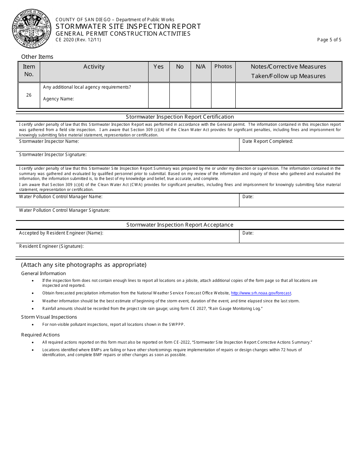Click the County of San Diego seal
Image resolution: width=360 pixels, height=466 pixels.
click(31, 29)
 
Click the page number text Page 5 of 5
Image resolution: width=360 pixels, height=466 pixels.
click(329, 40)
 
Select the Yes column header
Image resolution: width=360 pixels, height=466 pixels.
click(158, 67)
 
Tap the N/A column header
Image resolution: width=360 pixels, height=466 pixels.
click(200, 67)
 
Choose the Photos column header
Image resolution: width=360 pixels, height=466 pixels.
click(223, 67)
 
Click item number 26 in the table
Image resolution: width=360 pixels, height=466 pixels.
click(29, 95)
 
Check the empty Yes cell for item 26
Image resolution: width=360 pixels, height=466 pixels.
click(158, 95)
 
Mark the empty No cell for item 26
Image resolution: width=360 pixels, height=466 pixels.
click(180, 95)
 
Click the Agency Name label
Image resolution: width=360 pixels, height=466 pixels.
click(58, 99)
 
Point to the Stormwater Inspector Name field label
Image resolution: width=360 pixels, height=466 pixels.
click(49, 141)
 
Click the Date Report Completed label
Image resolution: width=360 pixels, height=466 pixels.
click(268, 141)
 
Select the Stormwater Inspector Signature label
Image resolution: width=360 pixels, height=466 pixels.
click(53, 155)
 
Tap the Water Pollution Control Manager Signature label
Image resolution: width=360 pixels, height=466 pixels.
click(64, 210)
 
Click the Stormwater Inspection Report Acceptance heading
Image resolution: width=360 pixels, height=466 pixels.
click(180, 225)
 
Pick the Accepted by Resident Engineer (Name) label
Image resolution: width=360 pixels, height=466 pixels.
click(61, 233)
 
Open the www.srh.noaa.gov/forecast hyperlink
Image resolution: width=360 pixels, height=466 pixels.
click(261, 293)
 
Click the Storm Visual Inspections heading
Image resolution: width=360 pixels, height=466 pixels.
click(49, 317)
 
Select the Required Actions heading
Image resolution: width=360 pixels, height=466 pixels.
click(40, 335)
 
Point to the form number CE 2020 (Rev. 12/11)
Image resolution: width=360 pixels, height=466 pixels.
click(78, 40)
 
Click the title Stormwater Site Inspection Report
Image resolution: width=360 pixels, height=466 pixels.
click(128, 27)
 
